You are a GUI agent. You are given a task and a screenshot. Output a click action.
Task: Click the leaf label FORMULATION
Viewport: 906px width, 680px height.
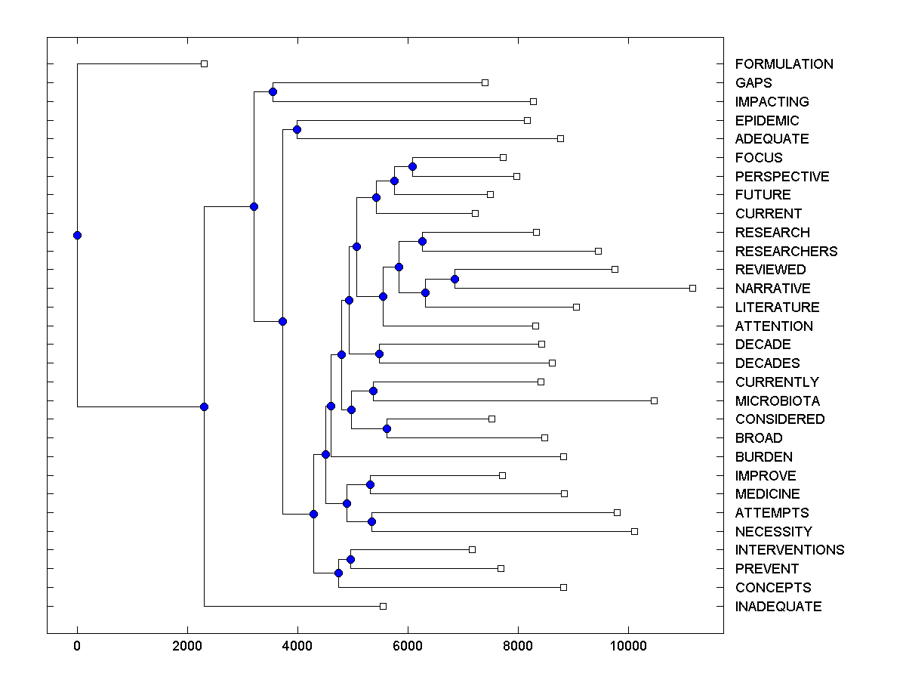[x=784, y=64]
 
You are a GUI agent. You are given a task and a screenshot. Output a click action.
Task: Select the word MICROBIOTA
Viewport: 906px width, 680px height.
[x=777, y=401]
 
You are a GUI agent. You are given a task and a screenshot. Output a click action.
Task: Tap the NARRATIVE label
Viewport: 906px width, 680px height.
[x=772, y=289]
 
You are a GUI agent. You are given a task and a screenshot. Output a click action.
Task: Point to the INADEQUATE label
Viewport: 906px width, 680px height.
[x=778, y=607]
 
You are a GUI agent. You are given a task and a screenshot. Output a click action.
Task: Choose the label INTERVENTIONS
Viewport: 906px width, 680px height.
[x=789, y=550]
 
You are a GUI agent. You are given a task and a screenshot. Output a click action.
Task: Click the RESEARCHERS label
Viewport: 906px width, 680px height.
[x=786, y=252]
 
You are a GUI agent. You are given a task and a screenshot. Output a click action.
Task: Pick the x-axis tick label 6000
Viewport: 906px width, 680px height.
[x=408, y=646]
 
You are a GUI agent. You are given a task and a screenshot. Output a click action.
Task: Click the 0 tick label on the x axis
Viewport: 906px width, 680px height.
[x=77, y=646]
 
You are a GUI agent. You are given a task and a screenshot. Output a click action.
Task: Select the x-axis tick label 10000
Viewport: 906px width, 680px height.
[x=628, y=646]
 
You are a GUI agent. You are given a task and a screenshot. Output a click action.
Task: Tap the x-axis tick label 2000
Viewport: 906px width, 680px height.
[x=187, y=646]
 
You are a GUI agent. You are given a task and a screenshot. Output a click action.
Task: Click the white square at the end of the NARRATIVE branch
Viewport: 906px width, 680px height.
[x=692, y=288]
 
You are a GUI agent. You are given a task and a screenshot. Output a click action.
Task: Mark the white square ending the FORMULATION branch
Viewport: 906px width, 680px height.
[x=204, y=63]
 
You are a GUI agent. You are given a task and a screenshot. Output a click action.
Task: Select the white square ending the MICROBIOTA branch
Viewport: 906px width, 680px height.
[x=654, y=400]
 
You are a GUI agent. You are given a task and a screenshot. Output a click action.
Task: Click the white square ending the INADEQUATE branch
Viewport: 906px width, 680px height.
[x=383, y=606]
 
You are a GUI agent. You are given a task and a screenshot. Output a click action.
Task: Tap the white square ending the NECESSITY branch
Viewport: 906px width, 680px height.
[x=634, y=531]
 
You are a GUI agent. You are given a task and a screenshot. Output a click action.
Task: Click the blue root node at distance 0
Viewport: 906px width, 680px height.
[x=77, y=235]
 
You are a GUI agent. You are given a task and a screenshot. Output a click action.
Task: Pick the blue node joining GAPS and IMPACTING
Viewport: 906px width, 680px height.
[x=273, y=91]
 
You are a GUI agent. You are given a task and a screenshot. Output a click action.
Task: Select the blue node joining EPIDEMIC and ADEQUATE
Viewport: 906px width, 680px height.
[x=297, y=130]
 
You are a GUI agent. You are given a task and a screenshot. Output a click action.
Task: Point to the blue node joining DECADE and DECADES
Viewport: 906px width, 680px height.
[x=379, y=354]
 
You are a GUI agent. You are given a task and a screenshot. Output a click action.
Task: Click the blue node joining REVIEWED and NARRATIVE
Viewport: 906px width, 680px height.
[x=455, y=279]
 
